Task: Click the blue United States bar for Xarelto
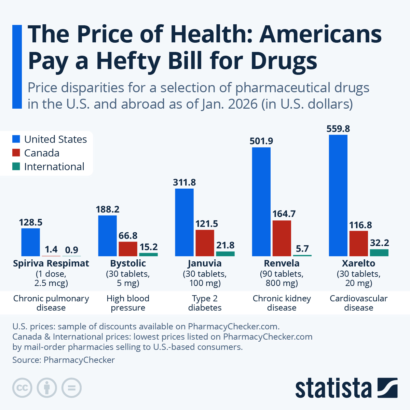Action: tap(338, 195)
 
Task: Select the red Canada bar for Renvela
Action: tap(282, 238)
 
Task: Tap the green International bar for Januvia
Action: tap(225, 254)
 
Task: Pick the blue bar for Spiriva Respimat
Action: tap(30, 242)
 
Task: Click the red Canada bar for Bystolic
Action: tap(128, 249)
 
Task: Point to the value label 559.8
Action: tap(338, 129)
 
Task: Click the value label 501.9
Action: tap(261, 141)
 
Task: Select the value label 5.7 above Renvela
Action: tap(302, 249)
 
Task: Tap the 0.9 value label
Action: tap(71, 250)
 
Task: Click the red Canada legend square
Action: tap(16, 153)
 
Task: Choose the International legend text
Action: tap(54, 167)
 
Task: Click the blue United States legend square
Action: tap(16, 139)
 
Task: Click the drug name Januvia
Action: tap(205, 263)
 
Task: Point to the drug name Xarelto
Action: tap(358, 263)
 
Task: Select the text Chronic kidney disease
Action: tap(282, 303)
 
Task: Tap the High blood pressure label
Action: tap(128, 303)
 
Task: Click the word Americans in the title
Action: tap(320, 34)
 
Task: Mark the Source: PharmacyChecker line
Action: tap(64, 360)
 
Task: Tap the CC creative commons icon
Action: tap(22, 388)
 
